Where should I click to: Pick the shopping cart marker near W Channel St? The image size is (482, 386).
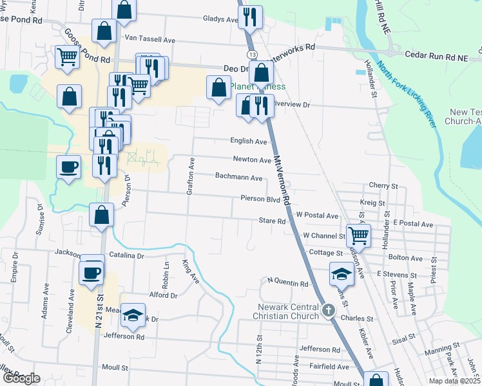tap(358, 235)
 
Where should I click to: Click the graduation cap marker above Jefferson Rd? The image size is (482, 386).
tap(133, 314)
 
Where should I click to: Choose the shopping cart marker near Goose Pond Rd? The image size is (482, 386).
tap(67, 57)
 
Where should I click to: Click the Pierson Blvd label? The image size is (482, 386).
tap(260, 199)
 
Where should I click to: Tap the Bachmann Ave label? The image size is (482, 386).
tap(238, 177)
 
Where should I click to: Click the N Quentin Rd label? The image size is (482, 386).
tap(289, 281)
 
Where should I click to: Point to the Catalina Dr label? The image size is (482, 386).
tap(126, 255)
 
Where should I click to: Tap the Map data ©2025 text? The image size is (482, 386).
tap(455, 381)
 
